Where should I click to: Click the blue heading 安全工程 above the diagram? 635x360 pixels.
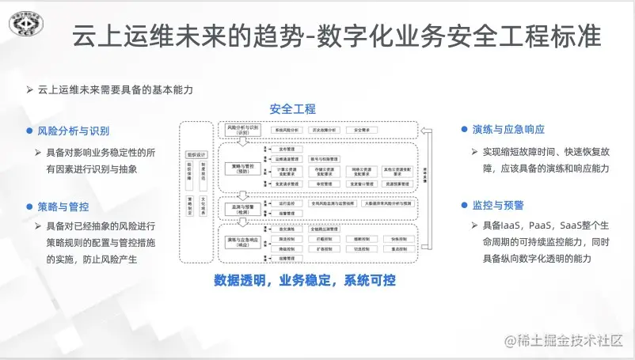(x=292, y=109)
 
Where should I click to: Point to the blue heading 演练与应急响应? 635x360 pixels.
(x=508, y=130)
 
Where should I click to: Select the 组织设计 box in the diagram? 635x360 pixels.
(x=196, y=154)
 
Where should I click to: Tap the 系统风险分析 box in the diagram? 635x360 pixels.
(x=285, y=129)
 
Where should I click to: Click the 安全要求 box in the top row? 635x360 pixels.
(x=363, y=129)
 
